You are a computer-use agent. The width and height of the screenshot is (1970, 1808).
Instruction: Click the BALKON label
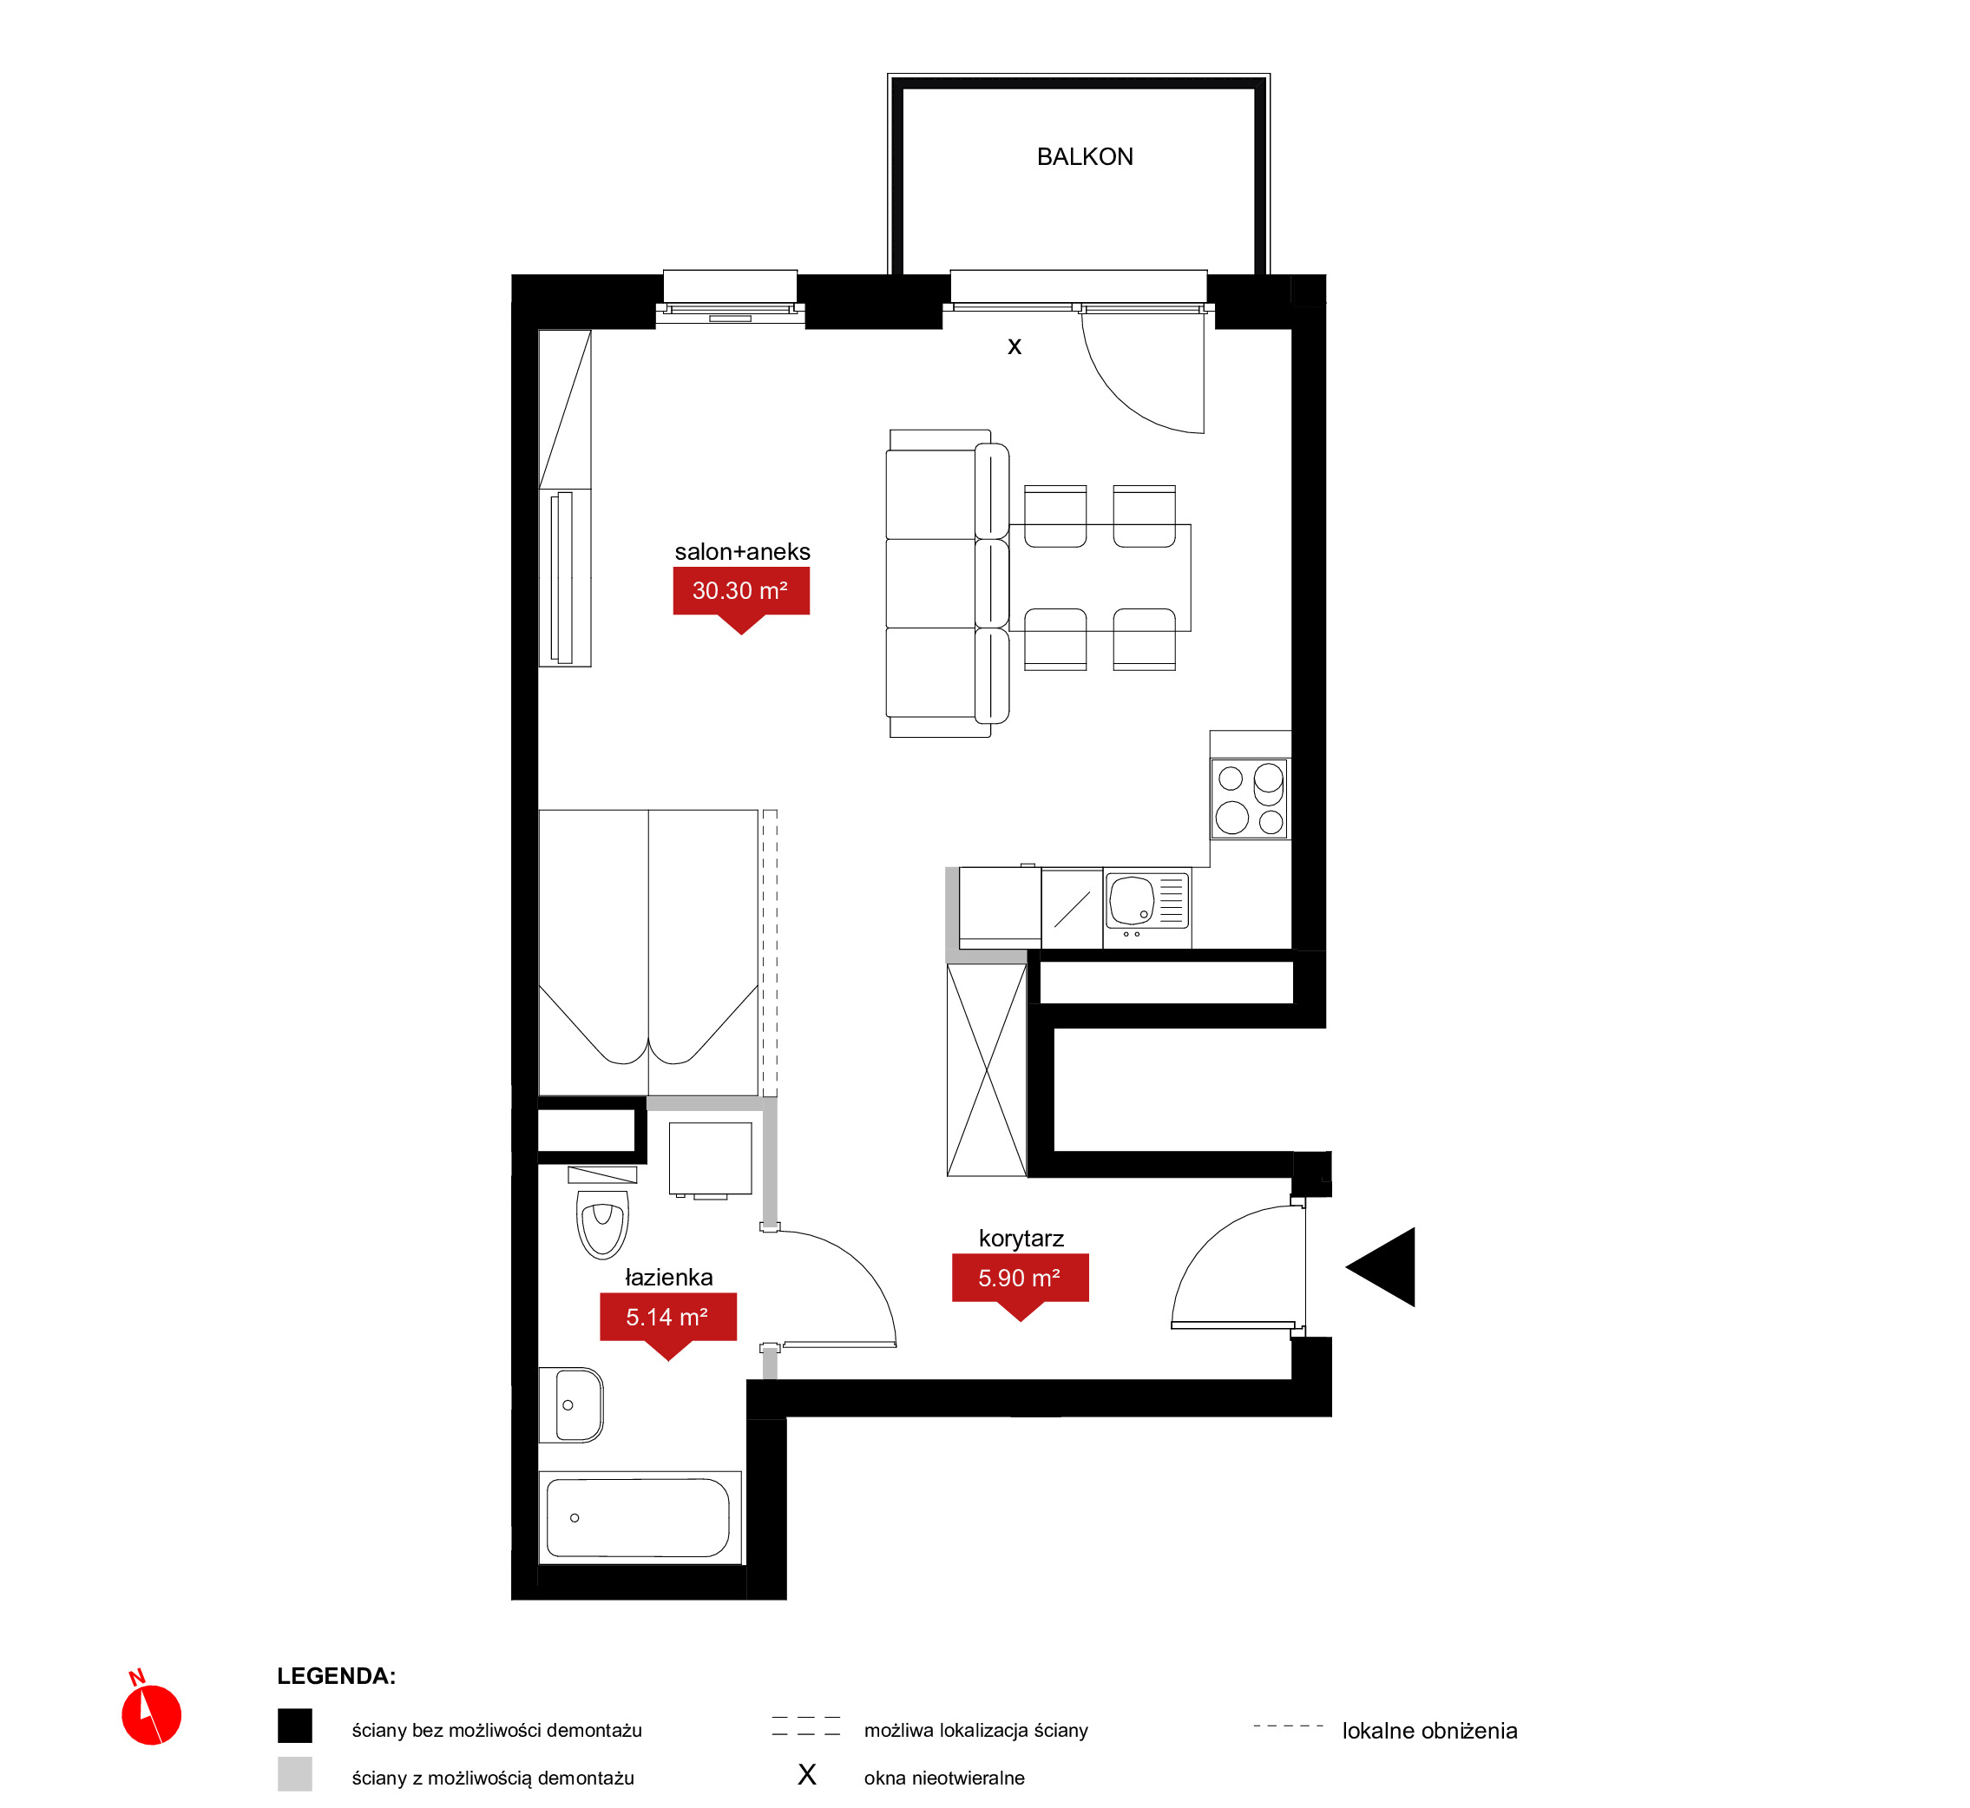(1085, 156)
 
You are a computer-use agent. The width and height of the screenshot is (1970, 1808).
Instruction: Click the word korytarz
(1021, 1239)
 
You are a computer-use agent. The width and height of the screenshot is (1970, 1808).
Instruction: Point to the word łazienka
(669, 1277)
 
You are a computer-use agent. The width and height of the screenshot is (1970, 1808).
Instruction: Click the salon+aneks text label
(742, 552)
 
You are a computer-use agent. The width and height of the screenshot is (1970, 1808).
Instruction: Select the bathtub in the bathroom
(638, 1517)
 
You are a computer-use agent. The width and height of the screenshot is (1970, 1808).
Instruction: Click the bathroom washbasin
(572, 1405)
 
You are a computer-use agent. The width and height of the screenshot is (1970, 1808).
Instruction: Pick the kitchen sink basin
(1132, 900)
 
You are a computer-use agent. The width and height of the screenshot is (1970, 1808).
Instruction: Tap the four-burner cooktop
(1250, 799)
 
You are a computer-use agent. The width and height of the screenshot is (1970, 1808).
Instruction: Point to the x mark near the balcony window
(1015, 346)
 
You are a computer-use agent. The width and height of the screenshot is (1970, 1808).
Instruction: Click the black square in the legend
(294, 1726)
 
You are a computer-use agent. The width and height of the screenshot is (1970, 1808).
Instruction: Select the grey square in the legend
(294, 1774)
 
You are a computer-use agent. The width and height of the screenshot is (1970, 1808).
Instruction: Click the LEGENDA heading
(337, 1676)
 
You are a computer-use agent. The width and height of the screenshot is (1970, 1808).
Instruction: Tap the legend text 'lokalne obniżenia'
(1429, 1731)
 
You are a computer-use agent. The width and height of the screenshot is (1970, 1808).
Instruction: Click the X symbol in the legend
(807, 1775)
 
